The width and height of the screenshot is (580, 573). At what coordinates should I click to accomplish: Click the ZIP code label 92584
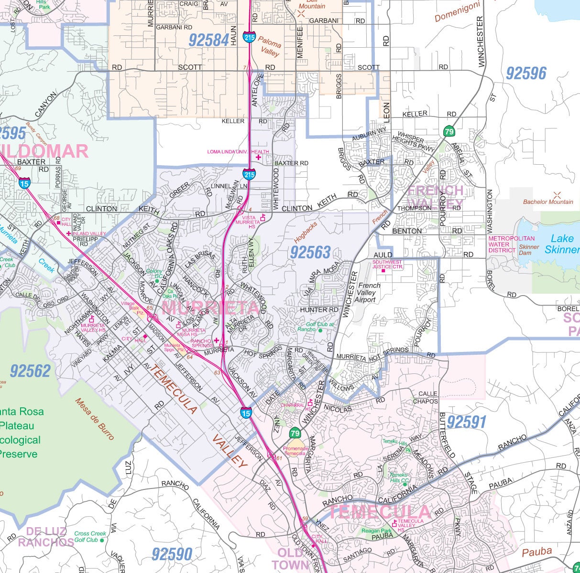(x=208, y=41)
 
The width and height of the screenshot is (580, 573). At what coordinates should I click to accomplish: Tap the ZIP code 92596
(x=526, y=74)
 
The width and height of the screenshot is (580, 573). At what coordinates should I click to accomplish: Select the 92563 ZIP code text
(x=310, y=252)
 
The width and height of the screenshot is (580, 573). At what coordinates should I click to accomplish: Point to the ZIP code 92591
(x=467, y=422)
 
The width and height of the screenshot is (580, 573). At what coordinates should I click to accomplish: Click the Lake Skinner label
(x=561, y=244)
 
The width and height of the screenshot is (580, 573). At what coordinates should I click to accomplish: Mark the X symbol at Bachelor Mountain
(x=557, y=195)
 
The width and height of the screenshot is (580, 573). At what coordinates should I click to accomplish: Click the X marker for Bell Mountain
(x=301, y=14)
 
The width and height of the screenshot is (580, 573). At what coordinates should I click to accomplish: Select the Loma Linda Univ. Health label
(x=238, y=152)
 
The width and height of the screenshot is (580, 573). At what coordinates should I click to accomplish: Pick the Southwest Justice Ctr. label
(x=387, y=265)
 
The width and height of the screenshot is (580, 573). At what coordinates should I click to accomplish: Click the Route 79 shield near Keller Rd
(x=449, y=131)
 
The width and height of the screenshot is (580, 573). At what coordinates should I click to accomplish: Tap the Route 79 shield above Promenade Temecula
(x=295, y=434)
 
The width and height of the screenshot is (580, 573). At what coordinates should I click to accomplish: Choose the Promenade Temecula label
(x=296, y=450)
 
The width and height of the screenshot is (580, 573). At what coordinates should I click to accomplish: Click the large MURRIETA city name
(x=210, y=307)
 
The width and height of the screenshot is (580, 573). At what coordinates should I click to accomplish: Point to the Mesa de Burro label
(x=94, y=419)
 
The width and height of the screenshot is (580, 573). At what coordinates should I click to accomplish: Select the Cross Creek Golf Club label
(x=90, y=537)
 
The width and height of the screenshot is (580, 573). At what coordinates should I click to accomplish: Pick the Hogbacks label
(x=306, y=232)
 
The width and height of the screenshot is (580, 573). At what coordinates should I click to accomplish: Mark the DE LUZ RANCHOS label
(x=46, y=537)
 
